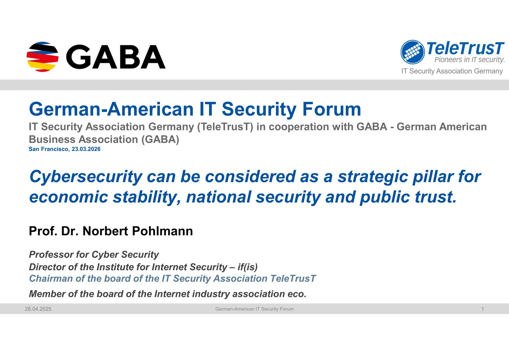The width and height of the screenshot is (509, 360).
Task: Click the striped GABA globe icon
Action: pos(42,57)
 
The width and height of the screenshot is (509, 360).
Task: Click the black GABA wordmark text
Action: pos(116,57)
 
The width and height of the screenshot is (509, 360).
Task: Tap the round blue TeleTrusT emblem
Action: pos(412,52)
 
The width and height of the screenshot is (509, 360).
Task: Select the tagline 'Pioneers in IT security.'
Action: pos(469,60)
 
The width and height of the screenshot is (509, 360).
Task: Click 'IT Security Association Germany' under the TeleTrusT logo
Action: pos(452,71)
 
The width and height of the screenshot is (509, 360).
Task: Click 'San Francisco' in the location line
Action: pos(48,149)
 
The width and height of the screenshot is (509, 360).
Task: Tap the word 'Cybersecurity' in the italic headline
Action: pos(86,177)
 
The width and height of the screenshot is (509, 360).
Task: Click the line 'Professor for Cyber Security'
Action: pos(94,255)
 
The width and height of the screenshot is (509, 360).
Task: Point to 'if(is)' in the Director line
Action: pos(248,267)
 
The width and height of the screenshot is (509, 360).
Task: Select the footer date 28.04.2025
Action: pos(38,309)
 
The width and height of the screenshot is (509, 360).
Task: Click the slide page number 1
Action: pos(483,309)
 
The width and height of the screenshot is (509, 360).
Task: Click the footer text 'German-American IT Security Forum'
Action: pos(254,309)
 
